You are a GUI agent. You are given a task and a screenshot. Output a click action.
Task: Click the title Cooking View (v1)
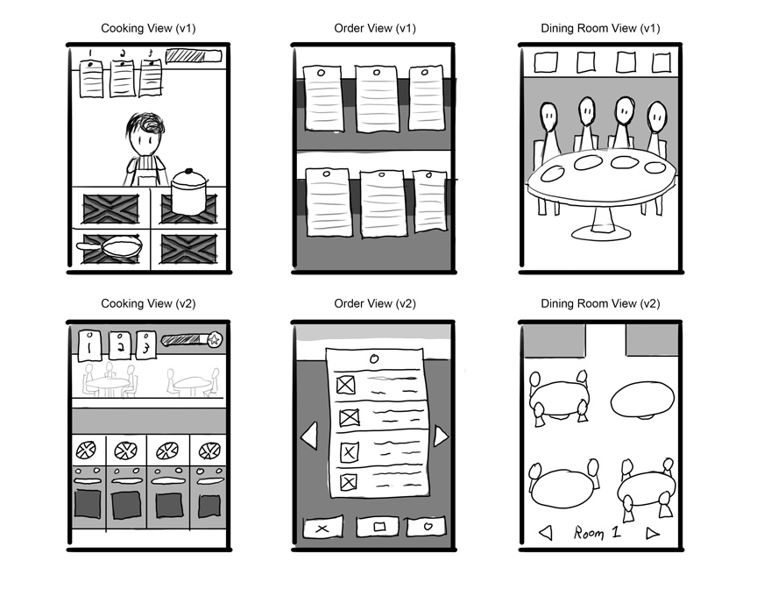148,29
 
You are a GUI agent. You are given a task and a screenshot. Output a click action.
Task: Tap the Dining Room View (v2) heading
600,304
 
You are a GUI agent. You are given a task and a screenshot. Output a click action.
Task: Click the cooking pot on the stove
189,192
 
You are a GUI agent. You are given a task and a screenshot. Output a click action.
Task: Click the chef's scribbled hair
146,125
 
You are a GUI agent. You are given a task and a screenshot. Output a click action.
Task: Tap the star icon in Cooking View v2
215,339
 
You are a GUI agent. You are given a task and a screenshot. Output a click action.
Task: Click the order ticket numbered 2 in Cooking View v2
120,345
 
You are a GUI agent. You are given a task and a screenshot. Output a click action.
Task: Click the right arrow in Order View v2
441,436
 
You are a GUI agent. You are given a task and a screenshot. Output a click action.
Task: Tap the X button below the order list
322,529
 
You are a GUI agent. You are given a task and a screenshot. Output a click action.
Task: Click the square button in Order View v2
378,527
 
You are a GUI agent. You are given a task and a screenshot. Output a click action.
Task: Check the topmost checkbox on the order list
346,384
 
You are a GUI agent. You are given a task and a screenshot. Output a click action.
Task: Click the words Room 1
598,533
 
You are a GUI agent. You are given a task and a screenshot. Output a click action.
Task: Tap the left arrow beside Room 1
546,533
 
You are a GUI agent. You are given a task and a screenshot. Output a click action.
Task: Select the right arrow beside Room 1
653,533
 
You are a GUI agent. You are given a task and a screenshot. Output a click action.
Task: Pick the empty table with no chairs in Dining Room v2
643,401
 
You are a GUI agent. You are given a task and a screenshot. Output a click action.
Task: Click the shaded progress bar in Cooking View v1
194,56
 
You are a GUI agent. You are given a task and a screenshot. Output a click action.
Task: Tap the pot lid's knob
189,171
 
